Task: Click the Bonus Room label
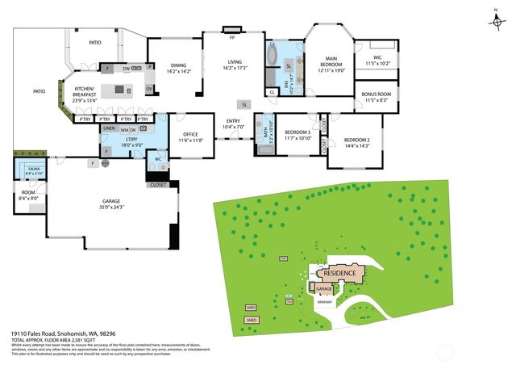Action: tap(377, 98)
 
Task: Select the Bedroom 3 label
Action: tap(298, 135)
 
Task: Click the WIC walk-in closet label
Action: tap(377, 60)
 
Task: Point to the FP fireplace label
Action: tap(231, 37)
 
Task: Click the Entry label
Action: tap(233, 124)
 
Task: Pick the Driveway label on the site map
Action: tap(326, 302)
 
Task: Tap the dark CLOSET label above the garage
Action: tap(158, 185)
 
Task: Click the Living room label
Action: tap(235, 65)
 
